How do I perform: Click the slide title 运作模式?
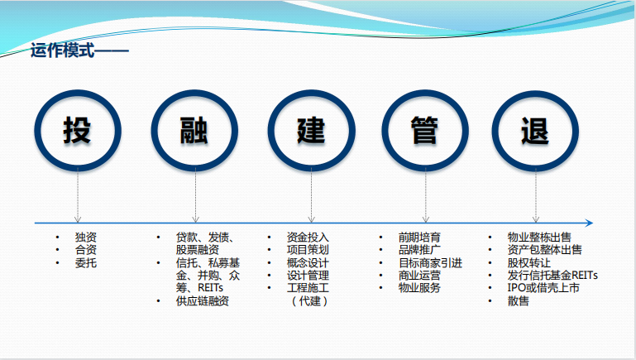pyautogui.click(x=62, y=50)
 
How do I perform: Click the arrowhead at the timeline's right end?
pyautogui.click(x=590, y=223)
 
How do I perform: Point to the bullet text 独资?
pyautogui.click(x=85, y=237)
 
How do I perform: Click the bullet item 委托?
pyautogui.click(x=85, y=262)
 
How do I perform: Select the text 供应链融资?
pyautogui.click(x=203, y=300)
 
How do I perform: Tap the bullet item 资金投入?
pyautogui.click(x=308, y=237)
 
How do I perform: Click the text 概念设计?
pyautogui.click(x=308, y=262)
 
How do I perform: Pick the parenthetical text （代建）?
pyautogui.click(x=309, y=300)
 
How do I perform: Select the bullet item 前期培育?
pyautogui.click(x=419, y=237)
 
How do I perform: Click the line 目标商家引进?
pyautogui.click(x=430, y=262)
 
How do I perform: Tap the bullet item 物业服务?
pyautogui.click(x=419, y=288)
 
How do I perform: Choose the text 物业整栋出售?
pyautogui.click(x=539, y=237)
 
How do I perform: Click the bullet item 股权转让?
pyautogui.click(x=529, y=262)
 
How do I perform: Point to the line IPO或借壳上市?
pyautogui.click(x=543, y=288)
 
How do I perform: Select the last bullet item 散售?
pyautogui.click(x=518, y=300)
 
